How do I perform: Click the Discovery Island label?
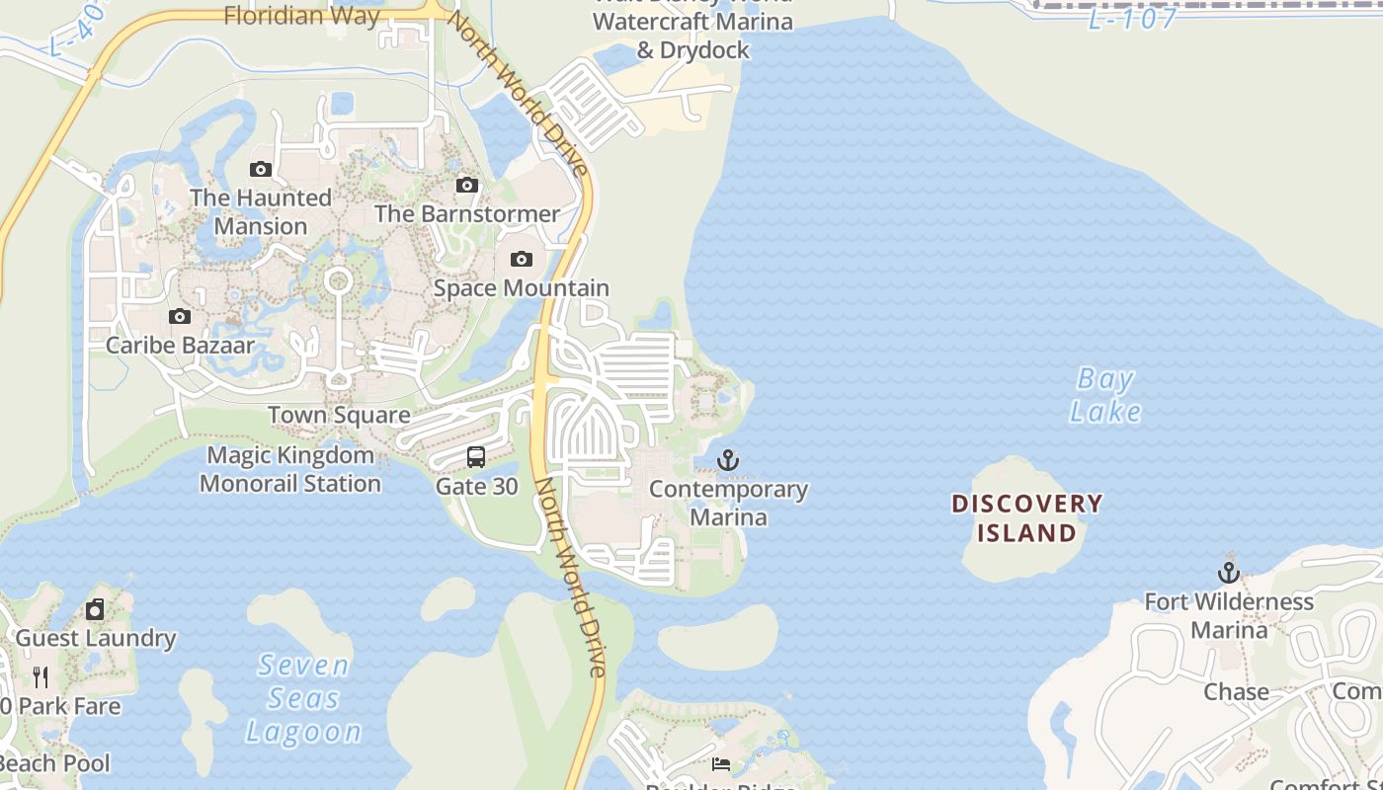[1026, 518]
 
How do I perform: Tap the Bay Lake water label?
[1105, 395]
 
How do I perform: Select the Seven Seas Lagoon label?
[303, 698]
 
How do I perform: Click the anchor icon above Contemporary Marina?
[728, 460]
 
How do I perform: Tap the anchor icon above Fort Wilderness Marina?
[1228, 573]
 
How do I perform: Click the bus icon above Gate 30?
[476, 457]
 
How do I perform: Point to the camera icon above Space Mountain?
[521, 260]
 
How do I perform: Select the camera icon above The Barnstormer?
[466, 185]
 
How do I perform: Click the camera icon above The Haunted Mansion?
[261, 169]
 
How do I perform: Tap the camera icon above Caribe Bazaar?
[179, 317]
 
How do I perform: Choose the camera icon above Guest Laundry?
[95, 609]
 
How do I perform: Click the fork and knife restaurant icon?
[41, 676]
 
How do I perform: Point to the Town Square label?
[339, 416]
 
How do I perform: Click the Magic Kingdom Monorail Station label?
[290, 470]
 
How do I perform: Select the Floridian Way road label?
[301, 16]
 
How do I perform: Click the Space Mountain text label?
[522, 288]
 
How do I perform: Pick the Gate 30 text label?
[476, 487]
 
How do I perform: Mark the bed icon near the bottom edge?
[721, 764]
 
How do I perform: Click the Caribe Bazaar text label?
[180, 346]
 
